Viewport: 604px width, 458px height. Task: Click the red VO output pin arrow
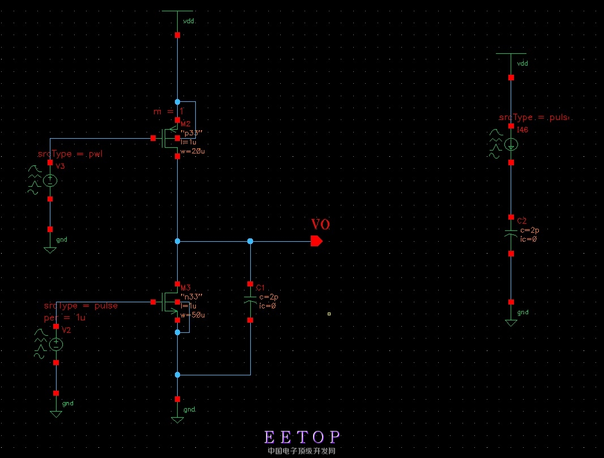316,241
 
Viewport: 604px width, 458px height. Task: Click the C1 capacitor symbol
250,300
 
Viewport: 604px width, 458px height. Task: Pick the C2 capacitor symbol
511,233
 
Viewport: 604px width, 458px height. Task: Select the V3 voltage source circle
50,181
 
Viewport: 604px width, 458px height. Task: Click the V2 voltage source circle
56,344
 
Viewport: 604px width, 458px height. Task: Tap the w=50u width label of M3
192,315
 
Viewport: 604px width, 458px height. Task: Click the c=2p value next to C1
268,297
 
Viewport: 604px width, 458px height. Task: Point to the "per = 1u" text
65,318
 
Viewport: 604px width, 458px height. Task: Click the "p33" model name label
191,134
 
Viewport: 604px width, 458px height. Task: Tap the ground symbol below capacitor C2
511,322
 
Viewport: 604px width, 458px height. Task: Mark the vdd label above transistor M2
189,22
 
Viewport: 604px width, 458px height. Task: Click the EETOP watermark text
302,437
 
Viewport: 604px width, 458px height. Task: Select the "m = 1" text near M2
169,112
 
